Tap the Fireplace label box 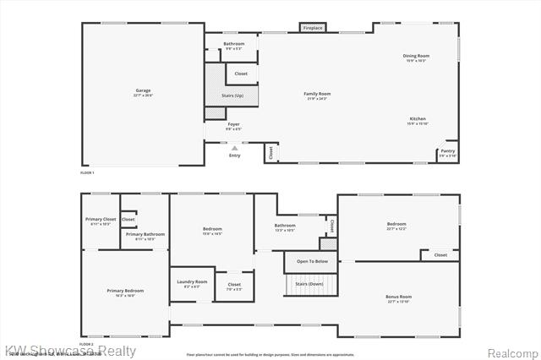(313, 29)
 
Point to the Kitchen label (418, 120)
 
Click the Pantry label (447, 153)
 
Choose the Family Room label (317, 95)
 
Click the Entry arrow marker (234, 149)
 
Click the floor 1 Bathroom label (234, 45)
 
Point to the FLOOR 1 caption (86, 172)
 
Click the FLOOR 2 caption (86, 344)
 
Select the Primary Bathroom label (145, 235)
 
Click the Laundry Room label (192, 283)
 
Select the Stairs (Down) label (309, 284)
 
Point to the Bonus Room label (399, 298)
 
